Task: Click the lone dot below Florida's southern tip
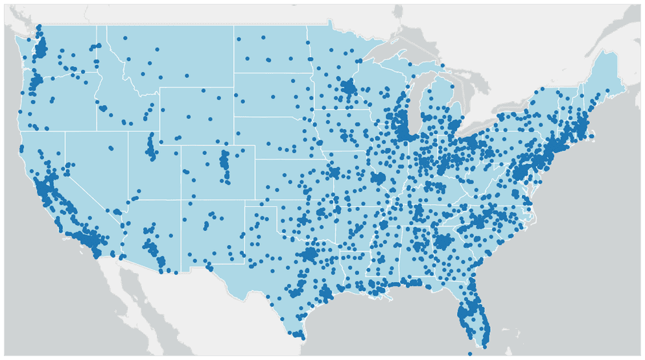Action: [x=471, y=354]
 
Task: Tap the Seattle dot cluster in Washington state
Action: [x=41, y=47]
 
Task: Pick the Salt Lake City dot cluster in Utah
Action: [x=152, y=149]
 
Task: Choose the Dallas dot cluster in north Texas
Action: [x=311, y=252]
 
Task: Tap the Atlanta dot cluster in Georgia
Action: [x=443, y=243]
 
